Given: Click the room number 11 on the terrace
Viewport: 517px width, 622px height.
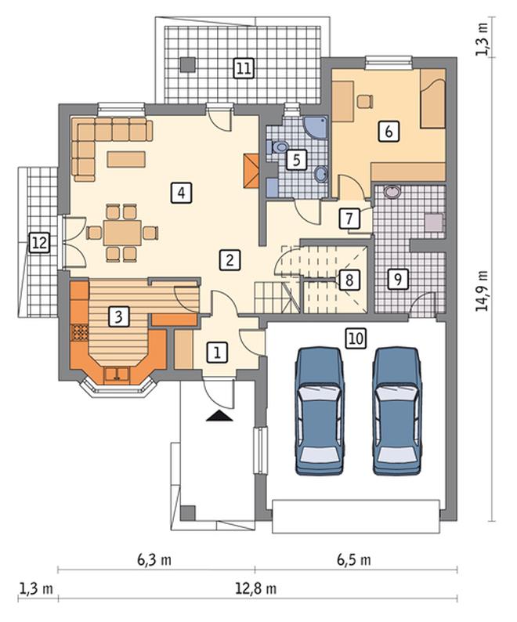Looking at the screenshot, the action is [x=244, y=68].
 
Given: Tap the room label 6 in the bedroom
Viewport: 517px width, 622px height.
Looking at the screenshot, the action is [x=389, y=131].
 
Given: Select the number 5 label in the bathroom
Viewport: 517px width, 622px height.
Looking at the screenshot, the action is [x=297, y=160].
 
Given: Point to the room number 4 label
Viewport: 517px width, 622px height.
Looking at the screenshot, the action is [x=181, y=193].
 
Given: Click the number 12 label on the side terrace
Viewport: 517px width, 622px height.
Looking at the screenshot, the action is [x=40, y=242].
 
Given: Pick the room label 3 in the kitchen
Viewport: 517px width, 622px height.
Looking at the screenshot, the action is [x=118, y=317].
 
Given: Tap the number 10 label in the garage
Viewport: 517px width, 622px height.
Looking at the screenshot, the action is [x=356, y=338].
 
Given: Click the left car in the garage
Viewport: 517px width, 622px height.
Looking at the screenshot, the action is [x=320, y=411].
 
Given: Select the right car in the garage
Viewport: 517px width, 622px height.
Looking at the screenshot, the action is [x=397, y=411].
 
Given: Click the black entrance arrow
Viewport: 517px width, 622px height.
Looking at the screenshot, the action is [x=219, y=416].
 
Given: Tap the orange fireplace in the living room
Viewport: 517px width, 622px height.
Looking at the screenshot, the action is [x=251, y=171].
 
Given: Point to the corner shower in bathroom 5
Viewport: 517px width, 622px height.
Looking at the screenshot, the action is [x=316, y=128].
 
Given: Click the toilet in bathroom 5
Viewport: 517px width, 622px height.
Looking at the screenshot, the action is [x=280, y=147].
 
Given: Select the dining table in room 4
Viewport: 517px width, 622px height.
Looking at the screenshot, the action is [x=122, y=233].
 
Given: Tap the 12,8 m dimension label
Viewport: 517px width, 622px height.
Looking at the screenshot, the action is [x=256, y=588].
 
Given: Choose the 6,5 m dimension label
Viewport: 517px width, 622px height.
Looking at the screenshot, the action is [x=354, y=560].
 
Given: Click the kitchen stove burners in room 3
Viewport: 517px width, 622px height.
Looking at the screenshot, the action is [x=79, y=332].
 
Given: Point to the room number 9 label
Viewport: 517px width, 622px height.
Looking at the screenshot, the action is [x=398, y=279].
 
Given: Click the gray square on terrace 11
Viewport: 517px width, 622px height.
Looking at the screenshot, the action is [x=187, y=65].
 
